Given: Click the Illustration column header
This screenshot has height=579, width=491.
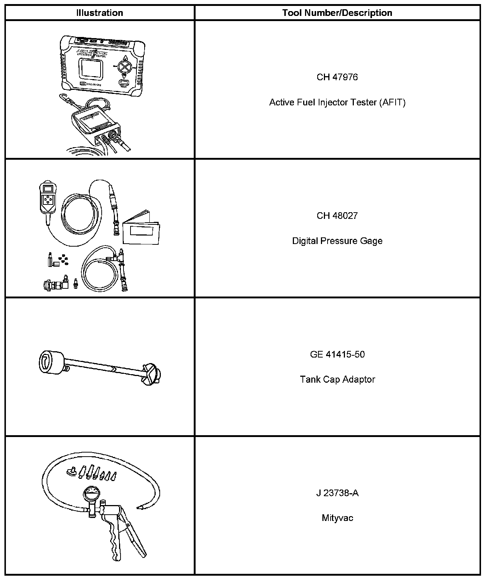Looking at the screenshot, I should pos(99,13).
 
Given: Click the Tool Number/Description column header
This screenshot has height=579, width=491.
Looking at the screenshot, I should pos(337,13).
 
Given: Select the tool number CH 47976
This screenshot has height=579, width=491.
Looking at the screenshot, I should pos(337,77).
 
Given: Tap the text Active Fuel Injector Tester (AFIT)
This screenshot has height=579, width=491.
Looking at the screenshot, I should pos(337,102).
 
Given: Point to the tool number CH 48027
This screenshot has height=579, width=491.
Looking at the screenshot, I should pos(337,216).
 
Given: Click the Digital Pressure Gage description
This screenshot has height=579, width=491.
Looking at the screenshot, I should pos(337,241).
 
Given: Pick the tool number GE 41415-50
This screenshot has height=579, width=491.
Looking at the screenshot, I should pos(337,355).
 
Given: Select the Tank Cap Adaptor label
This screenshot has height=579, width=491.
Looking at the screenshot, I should pos(337,380).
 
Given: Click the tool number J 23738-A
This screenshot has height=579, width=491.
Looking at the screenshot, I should pos(337,493).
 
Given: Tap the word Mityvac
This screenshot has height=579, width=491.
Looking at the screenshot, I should pos(337,518).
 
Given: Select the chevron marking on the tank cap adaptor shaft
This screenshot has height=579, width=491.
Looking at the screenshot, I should pos(113,368).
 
